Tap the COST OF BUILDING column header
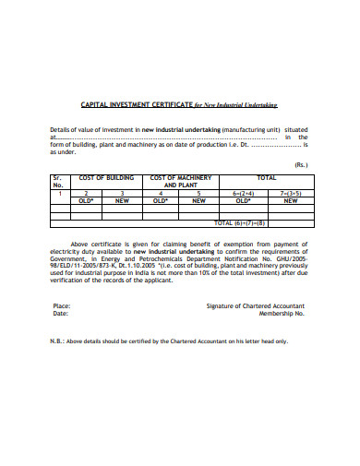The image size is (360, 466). click(107, 177)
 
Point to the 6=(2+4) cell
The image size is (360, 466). click(244, 192)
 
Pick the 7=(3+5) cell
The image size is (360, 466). click(291, 192)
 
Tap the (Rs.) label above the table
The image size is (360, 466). click(301, 164)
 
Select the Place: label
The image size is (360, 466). click(62, 305)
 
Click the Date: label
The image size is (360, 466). click(61, 313)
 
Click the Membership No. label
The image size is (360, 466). click(282, 313)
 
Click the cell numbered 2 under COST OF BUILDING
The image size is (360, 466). click(86, 192)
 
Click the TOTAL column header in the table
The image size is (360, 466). click(267, 177)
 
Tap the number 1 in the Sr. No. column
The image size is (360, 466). click(60, 192)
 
